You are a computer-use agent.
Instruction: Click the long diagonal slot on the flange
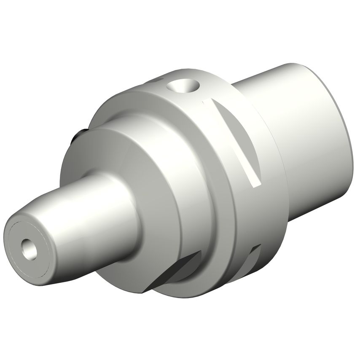[236, 139]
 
